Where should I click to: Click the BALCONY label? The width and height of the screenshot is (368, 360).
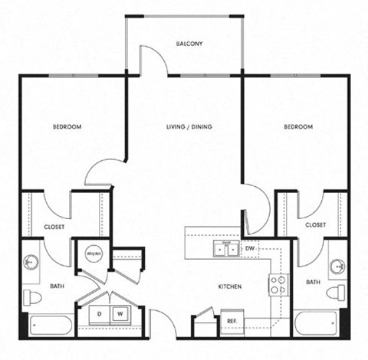pos(189,44)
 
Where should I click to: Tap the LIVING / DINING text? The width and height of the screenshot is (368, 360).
pos(189,126)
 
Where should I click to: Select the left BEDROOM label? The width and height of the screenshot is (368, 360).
pos(67,126)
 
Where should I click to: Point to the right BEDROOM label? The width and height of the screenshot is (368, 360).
pos(298,126)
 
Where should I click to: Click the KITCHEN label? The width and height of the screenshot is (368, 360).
pos(229,286)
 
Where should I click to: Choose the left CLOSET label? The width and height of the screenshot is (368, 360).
pos(54,227)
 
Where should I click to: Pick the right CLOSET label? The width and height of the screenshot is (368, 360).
pos(315,224)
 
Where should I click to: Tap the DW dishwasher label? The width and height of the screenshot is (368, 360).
pos(251,249)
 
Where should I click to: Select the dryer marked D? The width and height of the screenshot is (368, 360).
pos(99,314)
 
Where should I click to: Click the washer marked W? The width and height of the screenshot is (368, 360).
pos(120,314)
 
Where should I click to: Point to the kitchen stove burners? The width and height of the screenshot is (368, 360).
pos(278,286)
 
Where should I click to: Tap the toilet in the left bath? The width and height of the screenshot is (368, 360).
pos(32,296)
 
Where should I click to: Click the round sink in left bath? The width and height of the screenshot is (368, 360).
pos(31,262)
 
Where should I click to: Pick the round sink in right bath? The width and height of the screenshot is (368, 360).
pos(338,266)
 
